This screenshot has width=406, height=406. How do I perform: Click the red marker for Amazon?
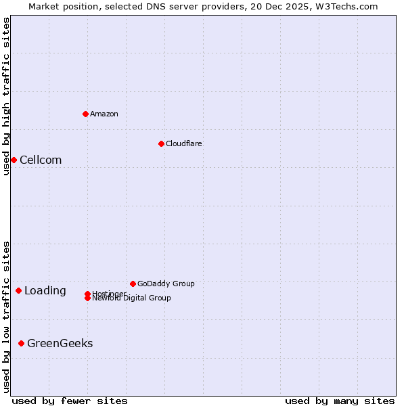point(85,114)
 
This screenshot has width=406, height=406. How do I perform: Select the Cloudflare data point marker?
point(161,143)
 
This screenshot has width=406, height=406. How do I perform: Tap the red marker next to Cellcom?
point(14,160)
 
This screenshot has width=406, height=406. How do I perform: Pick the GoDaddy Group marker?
point(133,284)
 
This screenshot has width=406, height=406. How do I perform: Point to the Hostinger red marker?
point(87,294)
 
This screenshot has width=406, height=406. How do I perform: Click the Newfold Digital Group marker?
point(87,298)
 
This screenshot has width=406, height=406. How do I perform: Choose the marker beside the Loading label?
point(18,291)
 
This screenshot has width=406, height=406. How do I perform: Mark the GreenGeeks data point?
point(21,344)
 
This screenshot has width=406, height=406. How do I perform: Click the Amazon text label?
point(104,114)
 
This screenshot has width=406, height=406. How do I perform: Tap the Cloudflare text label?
point(184,143)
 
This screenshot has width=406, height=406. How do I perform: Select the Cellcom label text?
point(41,160)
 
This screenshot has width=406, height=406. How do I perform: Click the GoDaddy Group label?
point(166,284)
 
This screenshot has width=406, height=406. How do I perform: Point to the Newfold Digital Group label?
point(131,298)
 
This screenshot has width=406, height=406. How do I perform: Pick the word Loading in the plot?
point(45,291)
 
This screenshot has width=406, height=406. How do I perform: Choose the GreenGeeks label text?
point(60,344)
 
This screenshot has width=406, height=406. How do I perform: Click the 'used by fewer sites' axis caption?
point(70,401)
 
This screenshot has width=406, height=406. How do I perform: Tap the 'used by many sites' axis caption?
point(340,401)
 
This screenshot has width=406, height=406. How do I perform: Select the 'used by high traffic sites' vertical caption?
point(6,96)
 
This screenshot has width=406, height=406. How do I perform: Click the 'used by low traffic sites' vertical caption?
point(6,317)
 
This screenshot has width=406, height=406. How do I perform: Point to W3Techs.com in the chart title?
point(344,6)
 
